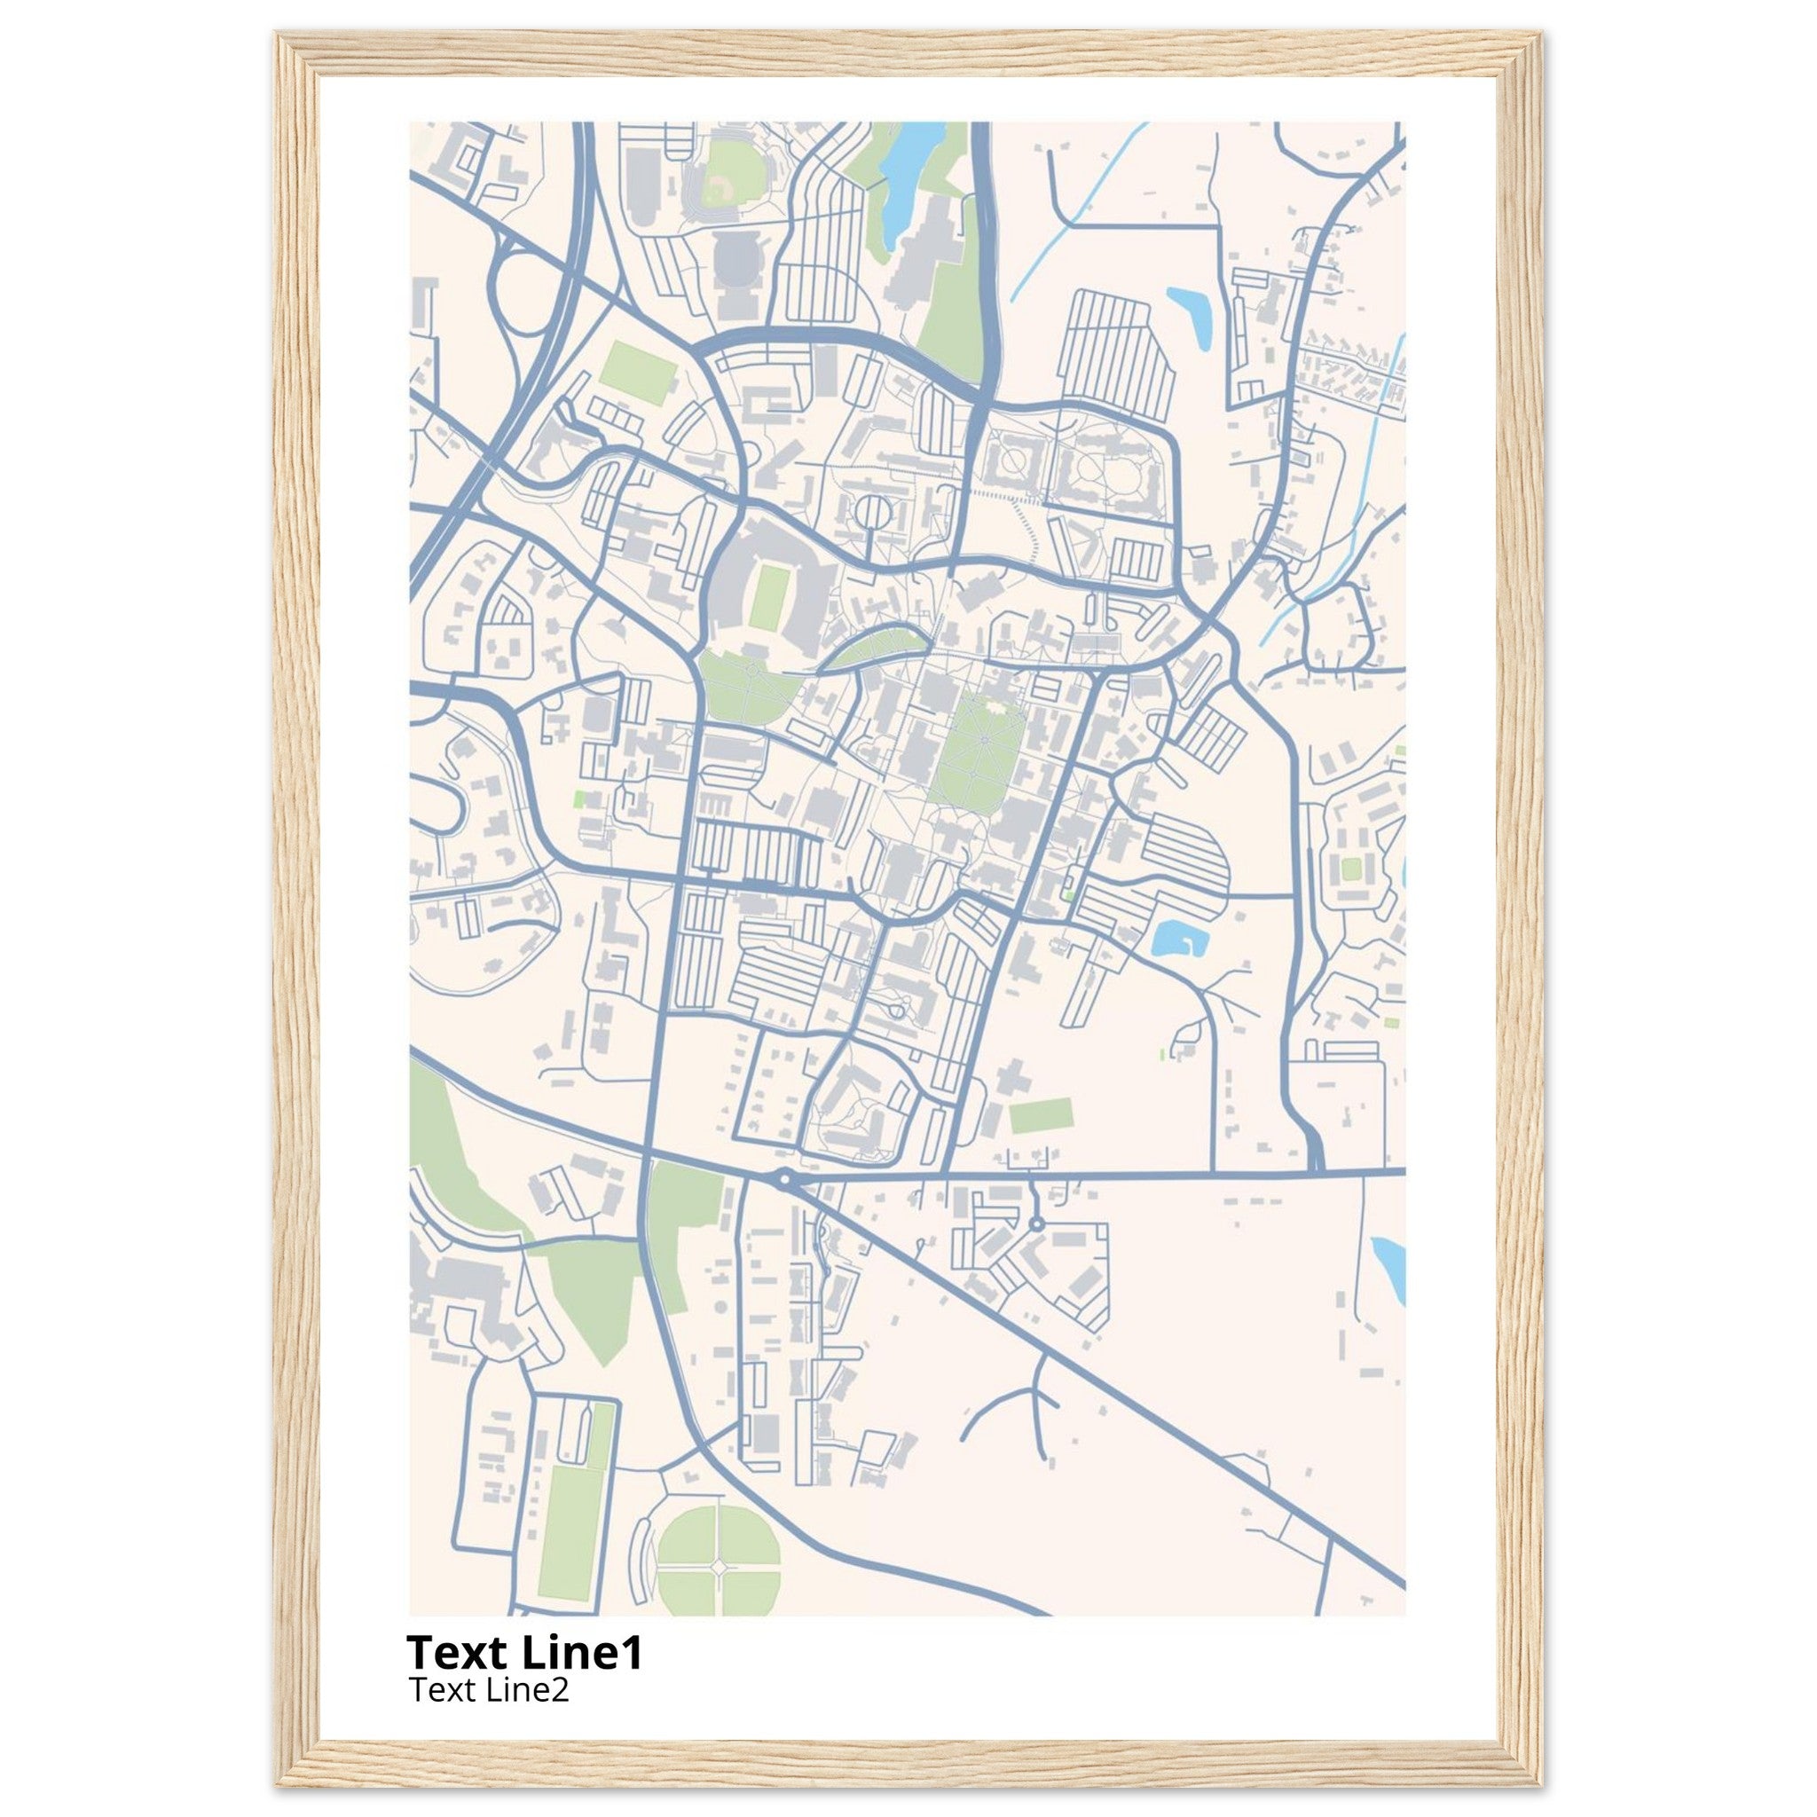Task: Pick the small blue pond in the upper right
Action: (1192, 315)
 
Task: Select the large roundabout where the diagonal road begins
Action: (784, 1177)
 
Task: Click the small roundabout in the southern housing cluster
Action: (1035, 1224)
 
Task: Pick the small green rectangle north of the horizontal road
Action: (1041, 1116)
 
